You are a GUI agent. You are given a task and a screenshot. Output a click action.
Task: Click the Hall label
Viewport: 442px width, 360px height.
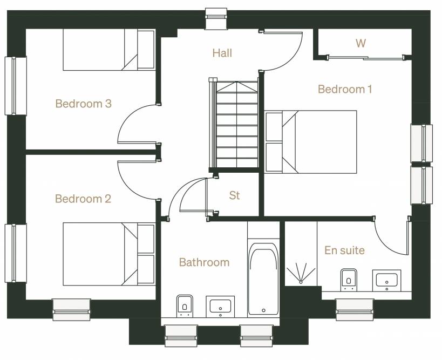click(x=222, y=53)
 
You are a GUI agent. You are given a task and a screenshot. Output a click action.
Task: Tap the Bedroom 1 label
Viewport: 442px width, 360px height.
click(x=345, y=89)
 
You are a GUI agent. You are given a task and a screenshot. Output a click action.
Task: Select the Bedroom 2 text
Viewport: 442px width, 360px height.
click(x=83, y=199)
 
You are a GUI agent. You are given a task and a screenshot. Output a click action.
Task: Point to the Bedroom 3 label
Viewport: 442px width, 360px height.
click(x=84, y=104)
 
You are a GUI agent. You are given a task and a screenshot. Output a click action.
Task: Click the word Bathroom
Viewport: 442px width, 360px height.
click(x=204, y=262)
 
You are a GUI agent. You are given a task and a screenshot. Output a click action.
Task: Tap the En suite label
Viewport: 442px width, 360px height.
click(x=344, y=250)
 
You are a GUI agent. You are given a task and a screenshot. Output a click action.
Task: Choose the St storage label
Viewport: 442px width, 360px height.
click(x=234, y=195)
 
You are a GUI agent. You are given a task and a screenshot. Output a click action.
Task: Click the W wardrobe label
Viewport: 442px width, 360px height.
click(x=361, y=43)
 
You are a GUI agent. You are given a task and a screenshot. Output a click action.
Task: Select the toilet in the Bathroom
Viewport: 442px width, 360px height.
click(x=185, y=305)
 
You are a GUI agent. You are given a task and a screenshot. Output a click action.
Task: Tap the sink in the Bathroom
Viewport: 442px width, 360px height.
click(x=220, y=307)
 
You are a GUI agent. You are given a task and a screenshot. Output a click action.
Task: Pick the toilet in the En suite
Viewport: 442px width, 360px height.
click(x=349, y=280)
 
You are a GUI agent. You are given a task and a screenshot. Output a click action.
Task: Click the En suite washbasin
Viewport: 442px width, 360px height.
click(x=387, y=281)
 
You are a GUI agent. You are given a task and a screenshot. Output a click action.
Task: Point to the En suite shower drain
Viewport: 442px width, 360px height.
click(x=301, y=282)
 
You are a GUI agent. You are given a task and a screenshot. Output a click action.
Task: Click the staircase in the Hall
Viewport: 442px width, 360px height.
click(x=234, y=124)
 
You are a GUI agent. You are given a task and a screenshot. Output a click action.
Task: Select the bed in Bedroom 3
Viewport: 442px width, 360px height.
click(x=109, y=50)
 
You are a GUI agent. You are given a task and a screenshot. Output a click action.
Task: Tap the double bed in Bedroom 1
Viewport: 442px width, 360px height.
click(x=311, y=142)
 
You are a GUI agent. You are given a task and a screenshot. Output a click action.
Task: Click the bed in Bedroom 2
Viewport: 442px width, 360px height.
click(x=109, y=254)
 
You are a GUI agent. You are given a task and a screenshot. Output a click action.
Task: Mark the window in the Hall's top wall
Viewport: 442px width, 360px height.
click(x=216, y=18)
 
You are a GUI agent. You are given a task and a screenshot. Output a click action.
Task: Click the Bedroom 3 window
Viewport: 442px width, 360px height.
click(x=16, y=86)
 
